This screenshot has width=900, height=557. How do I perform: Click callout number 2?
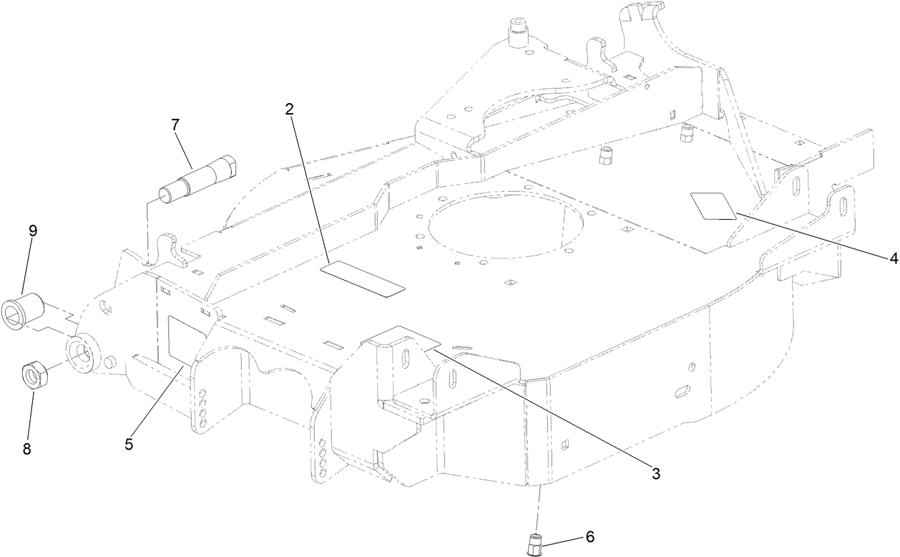(290, 110)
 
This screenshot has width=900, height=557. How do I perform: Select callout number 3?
(655, 473)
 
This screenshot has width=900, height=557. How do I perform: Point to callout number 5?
(129, 444)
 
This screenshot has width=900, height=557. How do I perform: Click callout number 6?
(590, 536)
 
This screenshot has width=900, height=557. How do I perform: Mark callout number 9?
(33, 231)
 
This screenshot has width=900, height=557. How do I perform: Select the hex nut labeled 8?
(32, 374)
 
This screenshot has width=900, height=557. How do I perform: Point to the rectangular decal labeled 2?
(363, 278)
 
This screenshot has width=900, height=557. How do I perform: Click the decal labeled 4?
(713, 205)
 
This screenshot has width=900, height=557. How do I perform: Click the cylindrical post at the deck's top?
(517, 32)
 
